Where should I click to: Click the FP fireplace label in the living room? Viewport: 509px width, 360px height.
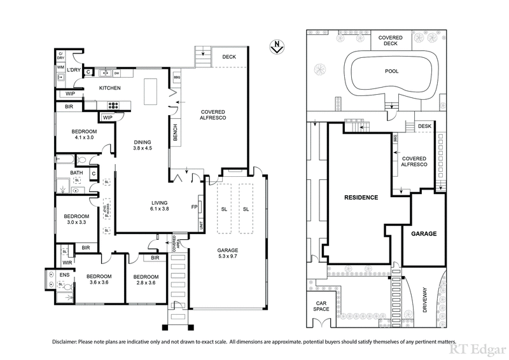click(x=194, y=207)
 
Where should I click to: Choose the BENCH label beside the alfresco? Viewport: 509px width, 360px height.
click(x=175, y=132)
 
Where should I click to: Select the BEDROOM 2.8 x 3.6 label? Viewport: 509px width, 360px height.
click(x=143, y=280)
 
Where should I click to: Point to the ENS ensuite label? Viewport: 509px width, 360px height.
click(x=64, y=275)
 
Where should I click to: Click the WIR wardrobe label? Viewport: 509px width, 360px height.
click(x=67, y=261)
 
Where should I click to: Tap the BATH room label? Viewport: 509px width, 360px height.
click(x=76, y=172)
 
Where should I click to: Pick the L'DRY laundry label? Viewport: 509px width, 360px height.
click(x=74, y=70)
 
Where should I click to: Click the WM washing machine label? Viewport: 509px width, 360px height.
click(x=61, y=67)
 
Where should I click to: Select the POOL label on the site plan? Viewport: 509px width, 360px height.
click(x=392, y=71)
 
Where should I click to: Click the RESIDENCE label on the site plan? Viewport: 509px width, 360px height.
click(x=361, y=197)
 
